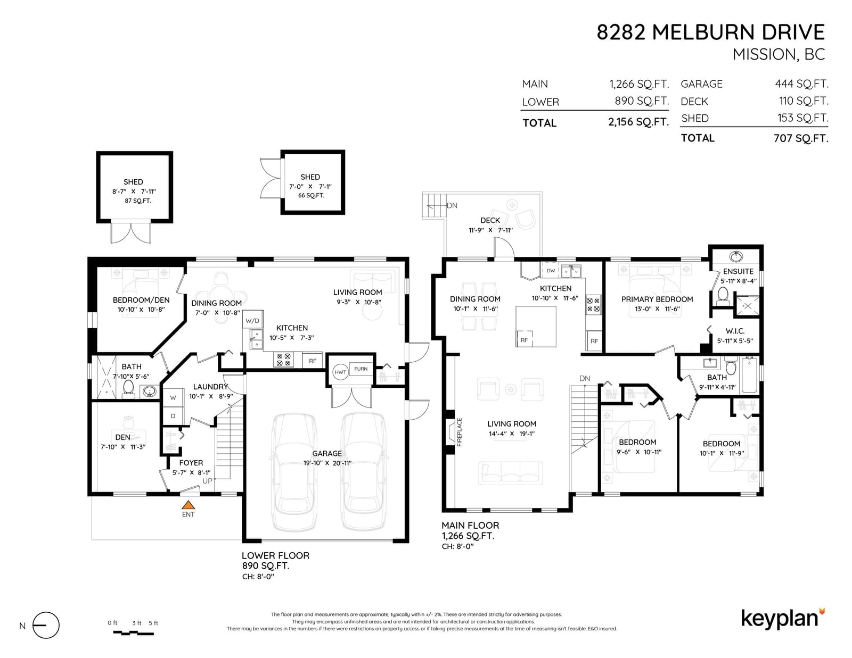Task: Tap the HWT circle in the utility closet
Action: (x=340, y=372)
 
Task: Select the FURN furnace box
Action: (x=361, y=369)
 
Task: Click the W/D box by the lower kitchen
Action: (x=252, y=320)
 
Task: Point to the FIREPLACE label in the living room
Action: (x=460, y=432)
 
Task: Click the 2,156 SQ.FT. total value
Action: (x=638, y=122)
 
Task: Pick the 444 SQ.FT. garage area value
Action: (x=801, y=84)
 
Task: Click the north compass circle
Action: (x=46, y=626)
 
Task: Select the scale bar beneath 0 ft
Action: (x=133, y=633)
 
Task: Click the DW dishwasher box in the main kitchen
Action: (x=551, y=270)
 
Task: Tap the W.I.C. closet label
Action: (x=735, y=331)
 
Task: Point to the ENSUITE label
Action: (x=738, y=271)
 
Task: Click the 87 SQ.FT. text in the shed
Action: (x=138, y=201)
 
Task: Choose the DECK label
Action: (x=490, y=221)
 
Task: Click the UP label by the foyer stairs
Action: (x=208, y=481)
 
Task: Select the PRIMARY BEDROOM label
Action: (x=657, y=299)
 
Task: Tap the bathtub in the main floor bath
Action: (x=749, y=374)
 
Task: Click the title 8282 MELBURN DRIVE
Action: (x=711, y=32)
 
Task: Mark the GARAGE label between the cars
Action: (x=327, y=453)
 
